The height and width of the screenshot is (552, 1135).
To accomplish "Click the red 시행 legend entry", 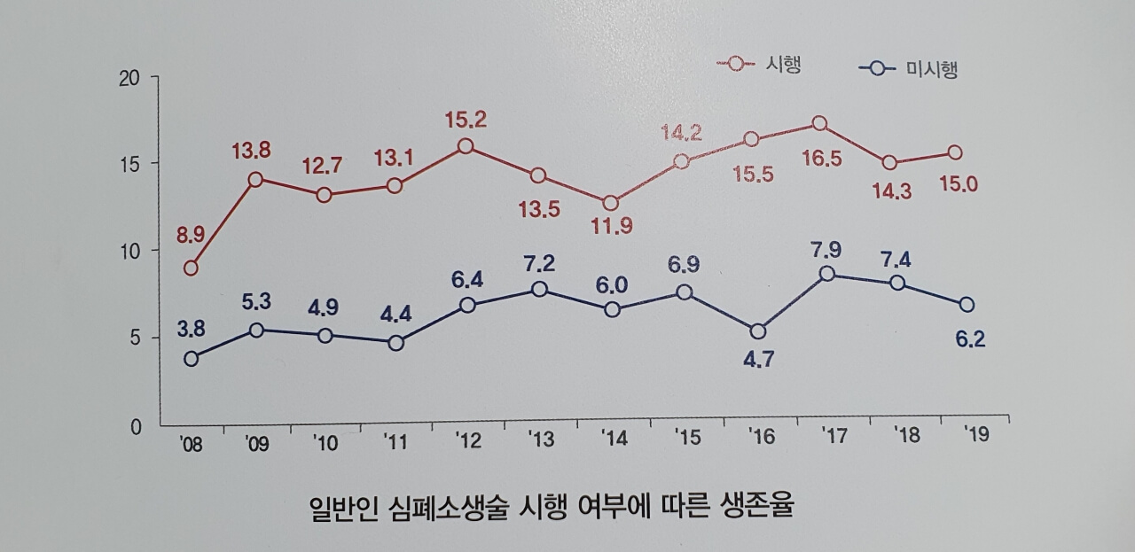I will click(x=760, y=65).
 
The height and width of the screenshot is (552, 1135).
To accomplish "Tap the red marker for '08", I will click(x=190, y=268).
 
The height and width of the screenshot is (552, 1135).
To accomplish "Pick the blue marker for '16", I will click(x=756, y=332).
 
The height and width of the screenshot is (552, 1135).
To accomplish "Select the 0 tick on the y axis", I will click(x=136, y=427).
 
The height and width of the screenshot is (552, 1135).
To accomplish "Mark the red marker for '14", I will click(x=611, y=204).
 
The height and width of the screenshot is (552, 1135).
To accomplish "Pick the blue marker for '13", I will click(x=539, y=290).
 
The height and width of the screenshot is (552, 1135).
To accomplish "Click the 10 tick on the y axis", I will click(x=130, y=252).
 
